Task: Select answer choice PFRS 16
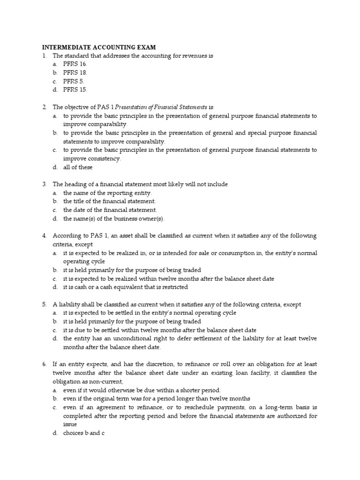[x=75, y=64]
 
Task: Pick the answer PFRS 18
[x=75, y=73]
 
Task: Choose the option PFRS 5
[x=74, y=81]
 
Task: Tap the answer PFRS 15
[x=75, y=90]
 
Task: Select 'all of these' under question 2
[x=78, y=167]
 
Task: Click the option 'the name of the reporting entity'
[x=108, y=193]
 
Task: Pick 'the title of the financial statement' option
[x=109, y=202]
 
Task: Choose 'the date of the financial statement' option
[x=110, y=210]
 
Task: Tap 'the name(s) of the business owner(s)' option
[x=114, y=218]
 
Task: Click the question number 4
[x=45, y=236]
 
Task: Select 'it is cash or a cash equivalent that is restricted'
[x=126, y=287]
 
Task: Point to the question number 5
[x=45, y=305]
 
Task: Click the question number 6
[x=45, y=364]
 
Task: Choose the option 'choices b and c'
[x=83, y=433]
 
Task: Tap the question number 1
[x=45, y=56]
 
